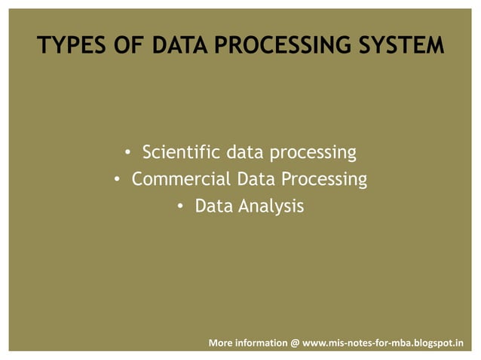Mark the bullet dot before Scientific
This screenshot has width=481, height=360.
[129, 154]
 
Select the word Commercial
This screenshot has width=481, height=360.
[181, 179]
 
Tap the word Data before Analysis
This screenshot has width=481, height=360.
[213, 205]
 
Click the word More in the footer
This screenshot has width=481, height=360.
[220, 343]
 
